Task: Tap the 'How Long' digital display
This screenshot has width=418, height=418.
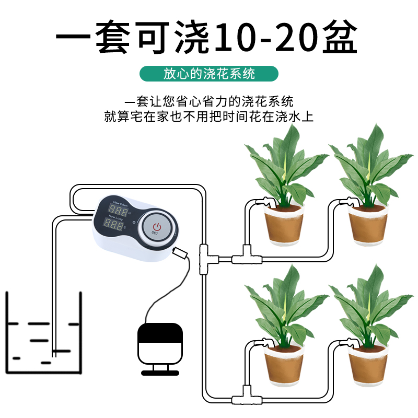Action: (x=114, y=226)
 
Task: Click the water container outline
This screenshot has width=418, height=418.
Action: (x=44, y=334)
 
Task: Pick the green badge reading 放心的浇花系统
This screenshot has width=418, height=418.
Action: (x=209, y=74)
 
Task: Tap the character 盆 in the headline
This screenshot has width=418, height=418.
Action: (x=340, y=38)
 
